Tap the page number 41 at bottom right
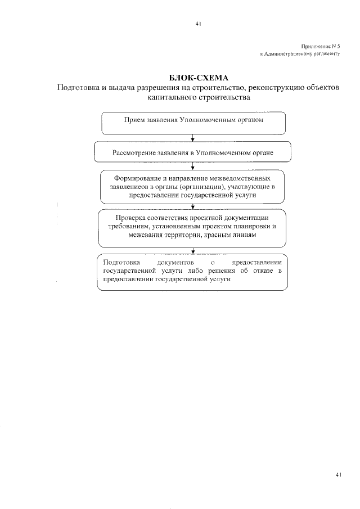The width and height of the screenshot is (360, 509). pos(338,475)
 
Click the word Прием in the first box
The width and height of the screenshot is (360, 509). pos(133,120)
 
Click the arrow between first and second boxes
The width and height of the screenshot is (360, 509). pos(193,137)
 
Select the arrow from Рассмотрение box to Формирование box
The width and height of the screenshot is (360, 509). pos(193,165)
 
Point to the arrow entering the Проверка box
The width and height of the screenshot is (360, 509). pos(193,206)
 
